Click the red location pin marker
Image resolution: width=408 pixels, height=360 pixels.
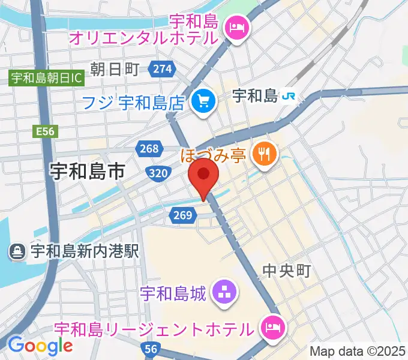click(x=203, y=175)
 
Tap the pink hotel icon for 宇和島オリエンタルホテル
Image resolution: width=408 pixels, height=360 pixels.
click(x=235, y=28)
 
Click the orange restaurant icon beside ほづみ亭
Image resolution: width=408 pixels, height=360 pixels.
click(x=263, y=154)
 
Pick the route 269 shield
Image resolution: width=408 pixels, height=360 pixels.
click(x=185, y=215)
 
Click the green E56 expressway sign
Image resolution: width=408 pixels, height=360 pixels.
click(x=46, y=131)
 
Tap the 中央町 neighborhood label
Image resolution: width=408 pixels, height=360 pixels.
click(x=287, y=271)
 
